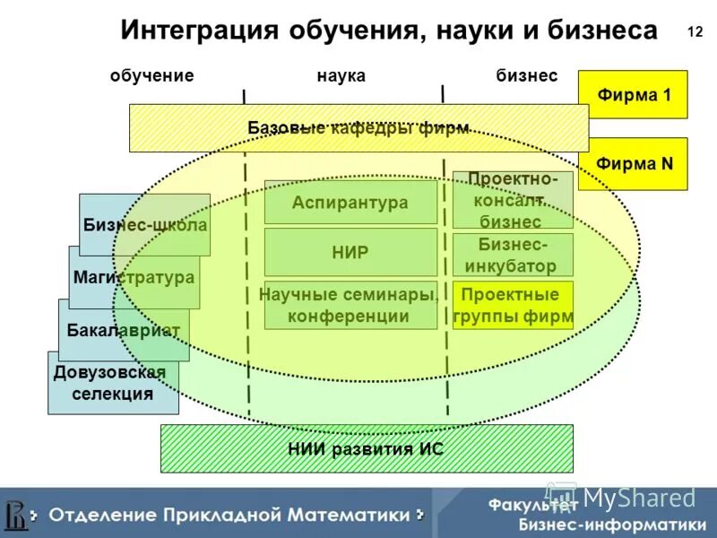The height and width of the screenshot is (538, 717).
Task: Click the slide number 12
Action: [695, 32]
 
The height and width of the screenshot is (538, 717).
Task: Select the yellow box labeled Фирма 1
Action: [633, 94]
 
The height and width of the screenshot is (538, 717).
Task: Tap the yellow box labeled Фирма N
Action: [633, 163]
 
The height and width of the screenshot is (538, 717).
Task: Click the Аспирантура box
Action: [350, 203]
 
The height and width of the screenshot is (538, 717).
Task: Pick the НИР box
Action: [350, 252]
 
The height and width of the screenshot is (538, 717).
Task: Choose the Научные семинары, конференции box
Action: [350, 305]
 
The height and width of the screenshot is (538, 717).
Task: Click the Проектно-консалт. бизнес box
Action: [512, 199]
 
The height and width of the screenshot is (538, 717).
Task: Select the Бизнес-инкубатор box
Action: [512, 255]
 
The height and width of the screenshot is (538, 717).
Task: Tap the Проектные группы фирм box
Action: [512, 305]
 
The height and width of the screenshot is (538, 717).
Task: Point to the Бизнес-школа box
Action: [144, 225]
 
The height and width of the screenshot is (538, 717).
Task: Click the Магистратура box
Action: [134, 277]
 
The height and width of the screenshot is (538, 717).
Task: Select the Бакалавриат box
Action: [124, 330]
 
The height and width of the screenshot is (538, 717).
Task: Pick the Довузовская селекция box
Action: [113, 383]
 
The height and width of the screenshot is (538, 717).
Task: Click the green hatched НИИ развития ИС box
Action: [366, 449]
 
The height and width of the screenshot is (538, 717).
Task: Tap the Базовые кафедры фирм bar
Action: [358, 128]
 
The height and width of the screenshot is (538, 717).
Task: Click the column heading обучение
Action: [152, 76]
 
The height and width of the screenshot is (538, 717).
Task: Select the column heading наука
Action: [341, 76]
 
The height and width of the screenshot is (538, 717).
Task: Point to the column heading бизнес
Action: [527, 76]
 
